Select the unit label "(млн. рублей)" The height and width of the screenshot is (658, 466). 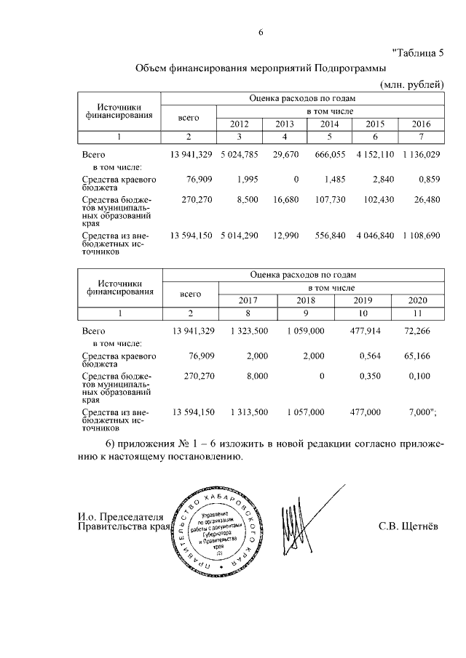point(412,85)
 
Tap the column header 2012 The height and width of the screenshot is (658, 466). point(240,124)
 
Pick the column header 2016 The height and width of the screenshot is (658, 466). point(421,124)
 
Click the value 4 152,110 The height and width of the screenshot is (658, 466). point(376,154)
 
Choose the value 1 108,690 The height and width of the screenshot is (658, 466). point(420,236)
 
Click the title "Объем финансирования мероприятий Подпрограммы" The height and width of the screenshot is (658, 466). point(261,68)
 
